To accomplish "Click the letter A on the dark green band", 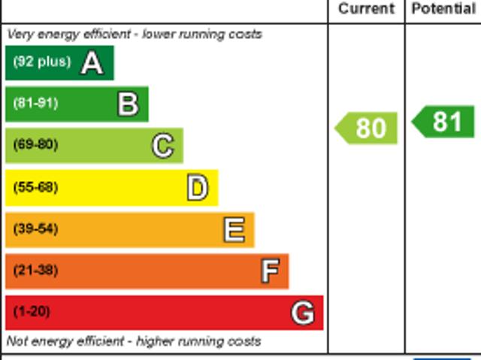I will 92,63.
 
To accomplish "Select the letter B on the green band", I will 128,104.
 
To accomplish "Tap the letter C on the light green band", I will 162,146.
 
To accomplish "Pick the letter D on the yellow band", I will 197,188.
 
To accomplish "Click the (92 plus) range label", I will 41,62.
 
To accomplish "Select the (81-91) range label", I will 35,103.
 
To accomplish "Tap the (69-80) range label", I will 35,144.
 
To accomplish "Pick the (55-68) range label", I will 35,187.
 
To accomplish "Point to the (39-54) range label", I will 35,228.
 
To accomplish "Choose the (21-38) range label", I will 35,270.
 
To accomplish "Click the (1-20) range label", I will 32,311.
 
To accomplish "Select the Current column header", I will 366,9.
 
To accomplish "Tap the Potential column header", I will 443,9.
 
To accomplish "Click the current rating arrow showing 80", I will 367,128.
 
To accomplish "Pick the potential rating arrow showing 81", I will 444,122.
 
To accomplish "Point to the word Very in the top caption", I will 20,34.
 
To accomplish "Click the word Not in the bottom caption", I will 17,341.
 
